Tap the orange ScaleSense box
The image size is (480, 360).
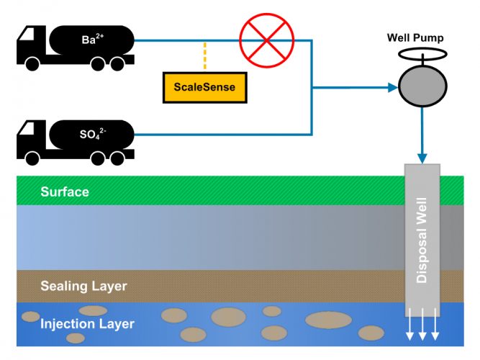click(204, 87)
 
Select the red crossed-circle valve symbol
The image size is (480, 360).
click(262, 40)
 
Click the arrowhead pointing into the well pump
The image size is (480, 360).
click(392, 87)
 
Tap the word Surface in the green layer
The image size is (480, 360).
click(65, 192)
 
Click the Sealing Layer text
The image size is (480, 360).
click(84, 286)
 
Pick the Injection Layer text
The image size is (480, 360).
click(87, 324)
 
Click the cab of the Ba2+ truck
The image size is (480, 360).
click(32, 45)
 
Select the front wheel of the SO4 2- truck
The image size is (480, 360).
click(32, 156)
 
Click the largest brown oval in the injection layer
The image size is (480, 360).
click(328, 320)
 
